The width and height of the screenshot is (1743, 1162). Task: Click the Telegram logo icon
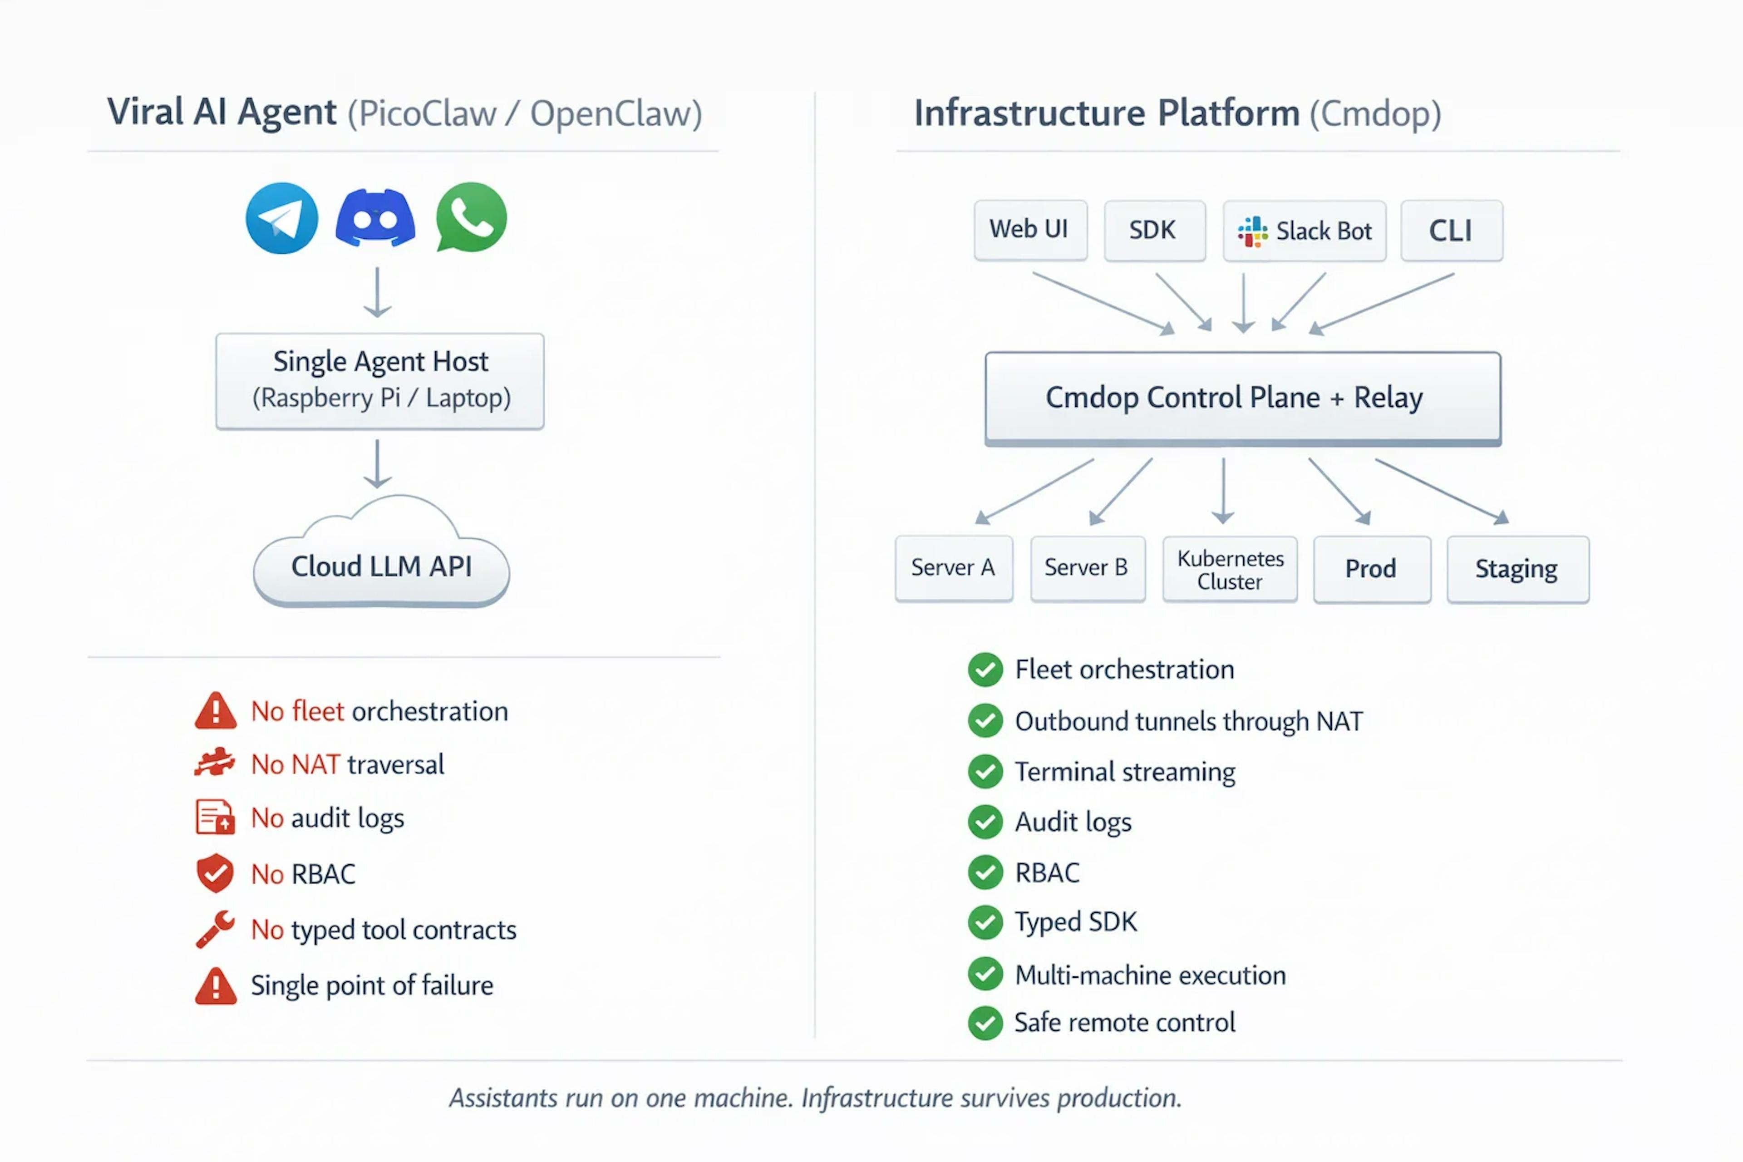coord(281,218)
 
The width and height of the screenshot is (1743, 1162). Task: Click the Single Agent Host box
coord(379,381)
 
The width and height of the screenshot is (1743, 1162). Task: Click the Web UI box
coord(1030,230)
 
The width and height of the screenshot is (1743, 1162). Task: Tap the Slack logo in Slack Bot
coord(1252,231)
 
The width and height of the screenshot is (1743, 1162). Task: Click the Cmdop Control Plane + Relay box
coord(1243,399)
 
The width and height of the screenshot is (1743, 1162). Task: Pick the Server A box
coord(954,568)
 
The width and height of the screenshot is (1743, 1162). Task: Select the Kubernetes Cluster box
coord(1230,569)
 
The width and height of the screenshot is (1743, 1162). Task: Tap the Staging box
coord(1518,569)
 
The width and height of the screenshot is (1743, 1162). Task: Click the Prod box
coord(1372,569)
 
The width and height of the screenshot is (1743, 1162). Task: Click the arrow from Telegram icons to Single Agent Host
coord(378,293)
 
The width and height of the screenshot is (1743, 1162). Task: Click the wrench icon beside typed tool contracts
coord(215,929)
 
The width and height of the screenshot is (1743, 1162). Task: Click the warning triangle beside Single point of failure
coord(216,985)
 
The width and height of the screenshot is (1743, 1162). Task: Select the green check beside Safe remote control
coord(985,1023)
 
